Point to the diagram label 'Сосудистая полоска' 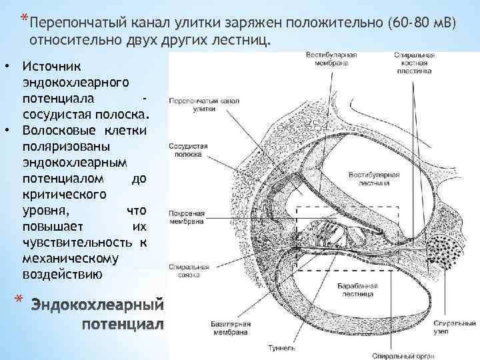[x=189, y=148]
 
